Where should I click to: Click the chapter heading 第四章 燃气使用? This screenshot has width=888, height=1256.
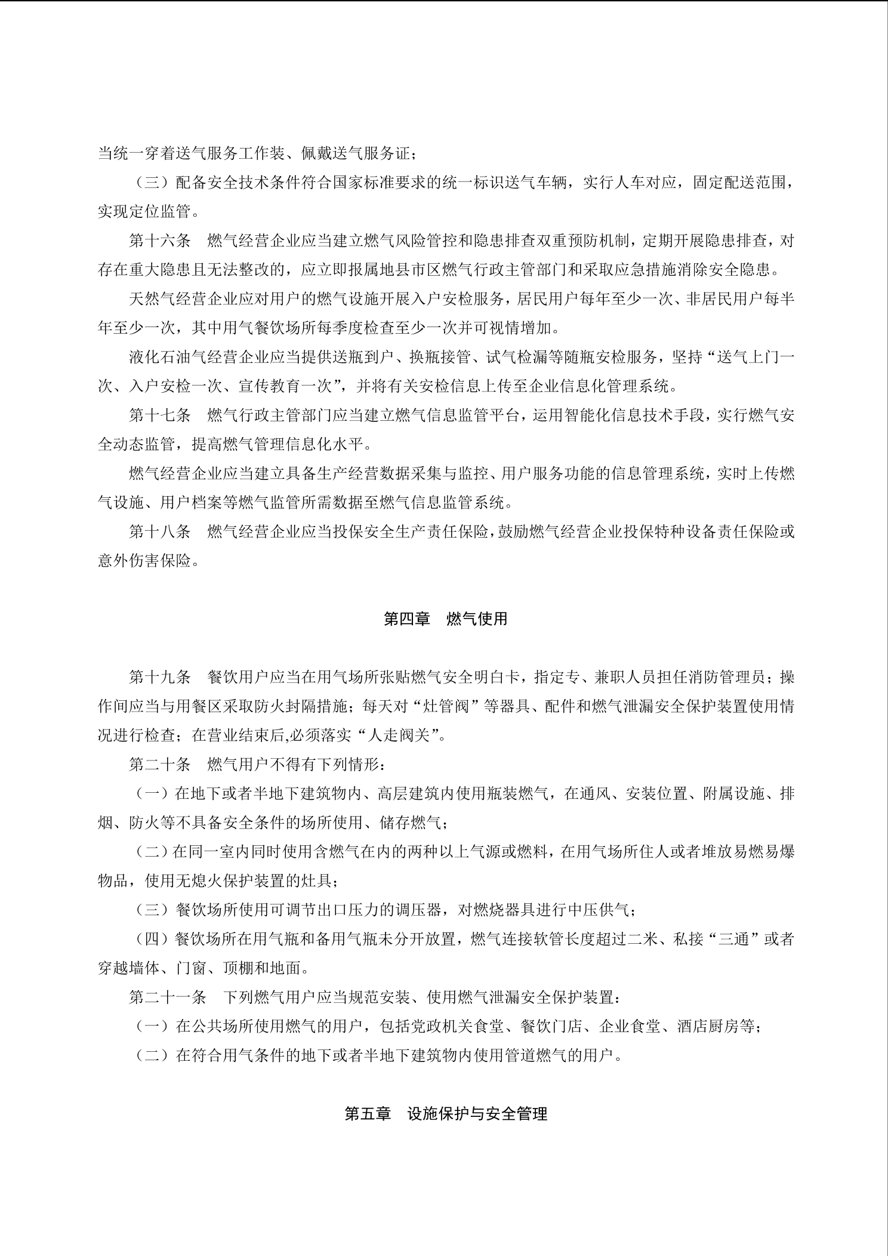pos(445,619)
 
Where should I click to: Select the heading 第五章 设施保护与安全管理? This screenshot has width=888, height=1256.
pos(445,1114)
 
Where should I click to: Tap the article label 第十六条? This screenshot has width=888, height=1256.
pos(160,241)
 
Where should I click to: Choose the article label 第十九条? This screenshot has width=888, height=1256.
pos(160,678)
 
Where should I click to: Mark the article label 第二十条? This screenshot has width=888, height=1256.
pos(160,765)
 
